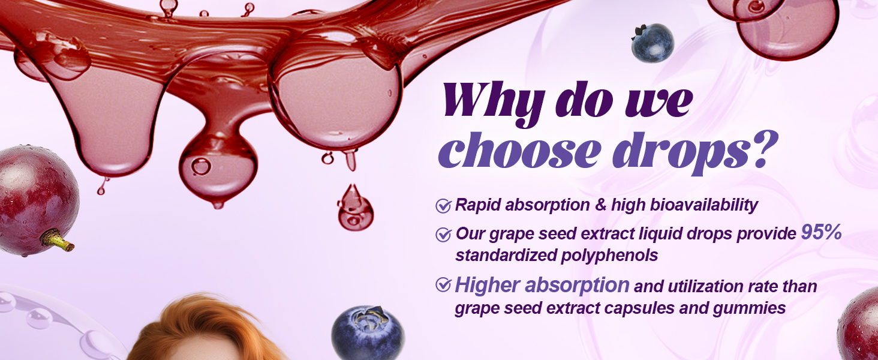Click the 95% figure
pos(822,233)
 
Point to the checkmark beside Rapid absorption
pos(443,206)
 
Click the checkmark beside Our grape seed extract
pos(443,235)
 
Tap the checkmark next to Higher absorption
pos(443,285)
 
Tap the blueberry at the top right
pos(653,43)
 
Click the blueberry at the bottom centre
pos(368,333)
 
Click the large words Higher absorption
pos(542,285)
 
